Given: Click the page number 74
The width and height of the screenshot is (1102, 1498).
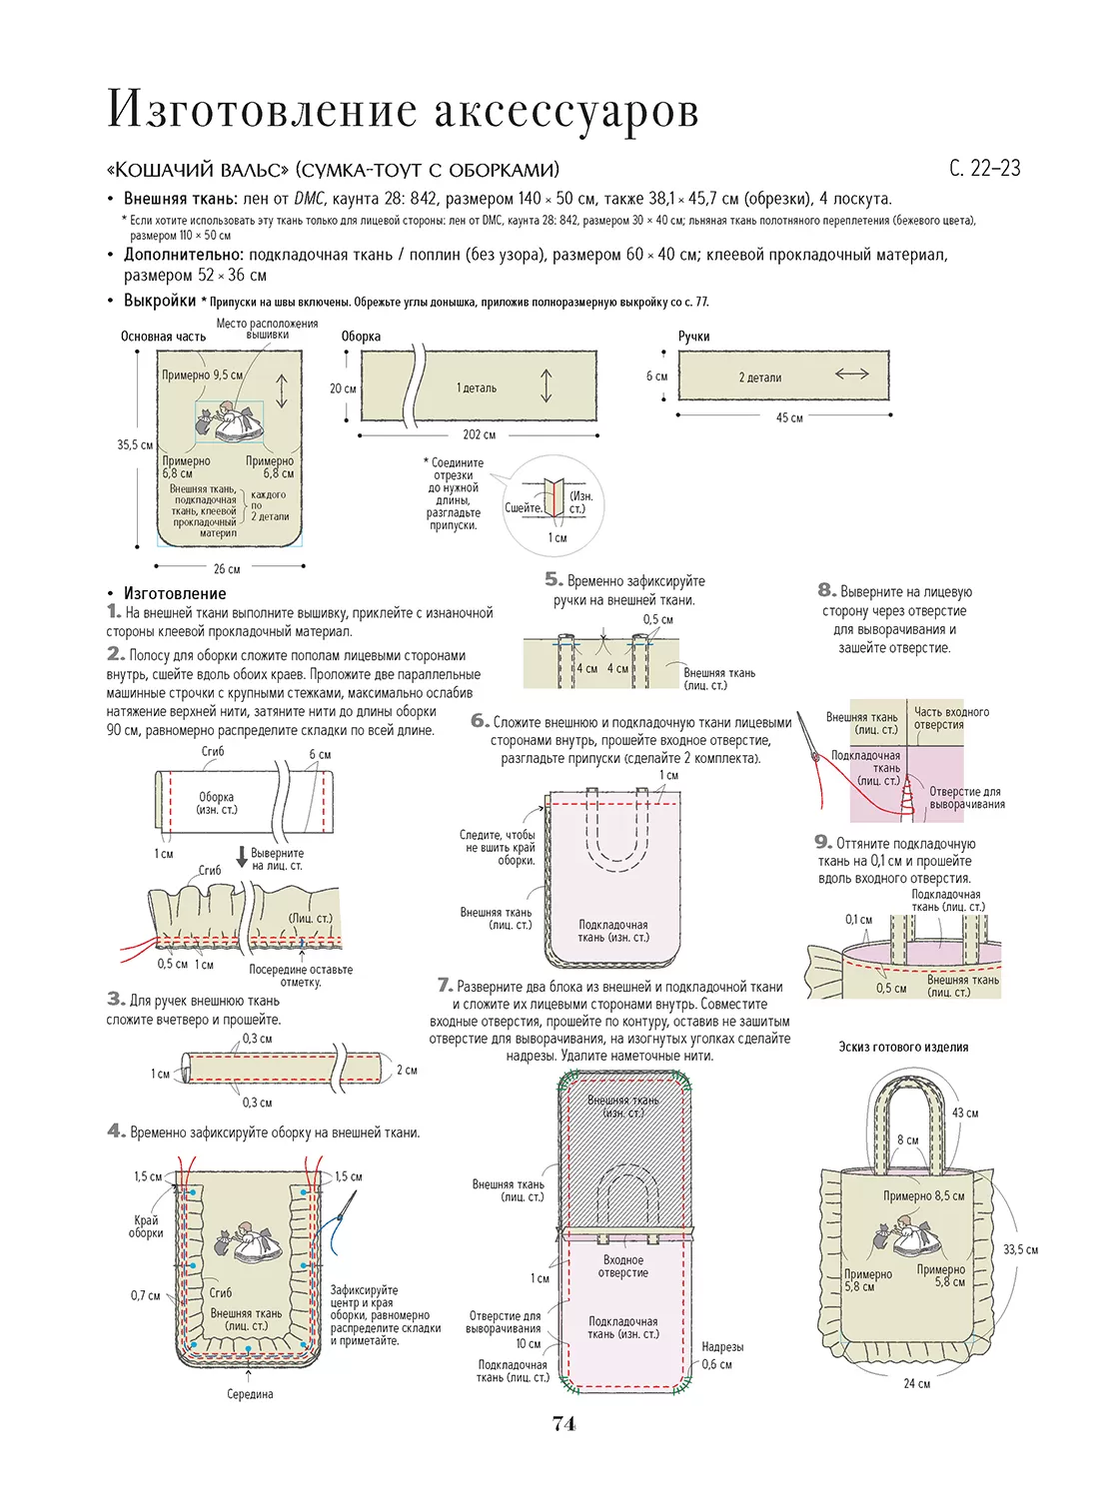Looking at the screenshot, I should pos(563,1424).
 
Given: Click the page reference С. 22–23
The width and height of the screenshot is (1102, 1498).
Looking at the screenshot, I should pos(984,169).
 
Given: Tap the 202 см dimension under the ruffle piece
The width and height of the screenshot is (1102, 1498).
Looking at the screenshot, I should pos(479,435).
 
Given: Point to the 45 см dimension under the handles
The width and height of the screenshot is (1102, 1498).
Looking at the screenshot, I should pos(789,418).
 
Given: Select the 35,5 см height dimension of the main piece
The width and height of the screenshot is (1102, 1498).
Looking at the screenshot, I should pos(134,445).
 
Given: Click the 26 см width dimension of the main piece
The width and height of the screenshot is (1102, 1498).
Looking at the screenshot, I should pos(227,569).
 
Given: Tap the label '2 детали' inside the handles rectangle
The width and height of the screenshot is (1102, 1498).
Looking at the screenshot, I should pos(760,377).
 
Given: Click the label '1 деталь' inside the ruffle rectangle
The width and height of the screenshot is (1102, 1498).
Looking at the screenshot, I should pos(477,388).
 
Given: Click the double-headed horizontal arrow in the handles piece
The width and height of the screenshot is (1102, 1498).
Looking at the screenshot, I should pos(851,374).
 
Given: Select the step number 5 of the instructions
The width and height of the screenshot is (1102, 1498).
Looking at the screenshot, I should pos(553,579).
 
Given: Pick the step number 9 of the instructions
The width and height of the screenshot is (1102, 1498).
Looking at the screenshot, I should pos(822,842).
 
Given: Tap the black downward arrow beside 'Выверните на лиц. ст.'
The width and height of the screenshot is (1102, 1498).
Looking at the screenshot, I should pos(242,857).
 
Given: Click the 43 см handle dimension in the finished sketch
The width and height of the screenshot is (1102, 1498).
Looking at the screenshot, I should pos(965,1113).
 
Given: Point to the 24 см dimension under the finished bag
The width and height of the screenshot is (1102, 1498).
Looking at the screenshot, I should pos(916,1383).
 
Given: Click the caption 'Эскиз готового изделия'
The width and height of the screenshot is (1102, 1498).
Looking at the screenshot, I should pos(903,1047).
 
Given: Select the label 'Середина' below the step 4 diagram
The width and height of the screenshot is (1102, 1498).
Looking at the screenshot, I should pos(250,1394).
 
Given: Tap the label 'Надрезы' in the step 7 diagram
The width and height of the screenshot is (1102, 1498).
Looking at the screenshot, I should pos(721,1347).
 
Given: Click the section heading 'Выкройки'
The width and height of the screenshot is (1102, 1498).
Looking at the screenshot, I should pos(160,301).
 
